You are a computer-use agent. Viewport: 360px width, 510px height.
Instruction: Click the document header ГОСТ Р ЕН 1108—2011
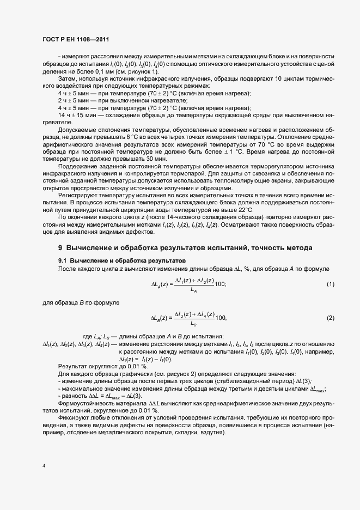pos(79,40)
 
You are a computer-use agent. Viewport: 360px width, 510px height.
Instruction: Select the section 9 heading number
pos(61,248)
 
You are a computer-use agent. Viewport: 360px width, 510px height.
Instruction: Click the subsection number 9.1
pos(63,261)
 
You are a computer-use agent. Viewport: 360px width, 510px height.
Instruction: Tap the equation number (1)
pos(330,284)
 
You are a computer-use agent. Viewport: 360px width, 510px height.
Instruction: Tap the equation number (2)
pos(330,318)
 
